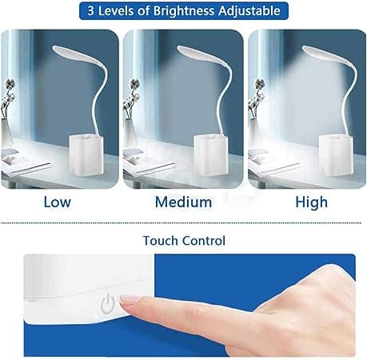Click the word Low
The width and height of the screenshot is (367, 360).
58,202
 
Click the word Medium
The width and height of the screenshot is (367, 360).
184,202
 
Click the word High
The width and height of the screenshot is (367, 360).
311,202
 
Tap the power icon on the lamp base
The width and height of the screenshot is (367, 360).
108,303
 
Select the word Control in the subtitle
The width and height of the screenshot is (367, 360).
204,241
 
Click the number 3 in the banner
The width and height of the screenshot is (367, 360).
90,11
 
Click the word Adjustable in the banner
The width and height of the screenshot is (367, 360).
249,11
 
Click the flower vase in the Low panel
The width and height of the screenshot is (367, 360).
6,132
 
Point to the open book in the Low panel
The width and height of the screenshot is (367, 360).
24,163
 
